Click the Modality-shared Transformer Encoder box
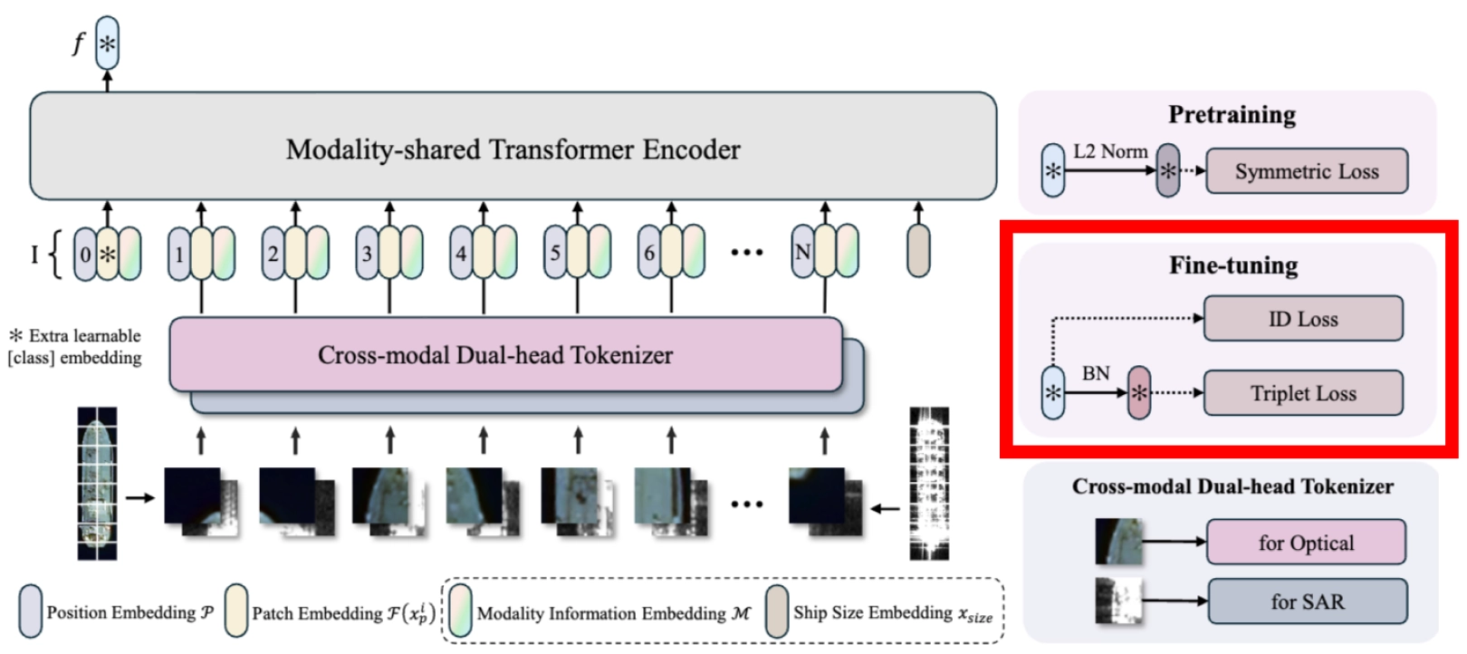point(513,146)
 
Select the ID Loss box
point(1303,319)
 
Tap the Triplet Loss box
point(1303,393)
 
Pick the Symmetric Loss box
point(1307,171)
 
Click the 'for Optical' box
point(1306,542)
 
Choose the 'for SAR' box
point(1308,601)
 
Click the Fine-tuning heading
point(1234,265)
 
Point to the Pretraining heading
point(1232,115)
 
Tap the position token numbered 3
point(367,253)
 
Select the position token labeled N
point(803,252)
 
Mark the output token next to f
point(108,43)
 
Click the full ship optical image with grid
point(97,484)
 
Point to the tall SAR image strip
point(929,484)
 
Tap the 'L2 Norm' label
point(1110,151)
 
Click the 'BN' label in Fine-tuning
point(1096,373)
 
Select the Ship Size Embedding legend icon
point(777,611)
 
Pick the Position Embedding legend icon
point(31,611)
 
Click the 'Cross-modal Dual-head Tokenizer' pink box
point(505,354)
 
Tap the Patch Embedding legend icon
point(235,611)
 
